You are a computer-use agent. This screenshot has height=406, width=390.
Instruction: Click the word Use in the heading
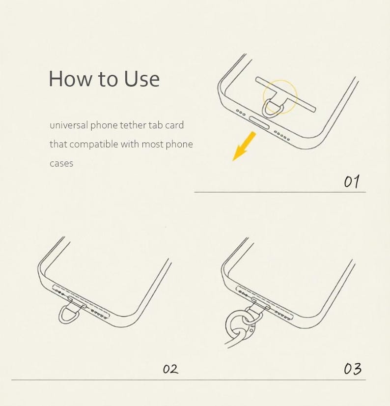141,79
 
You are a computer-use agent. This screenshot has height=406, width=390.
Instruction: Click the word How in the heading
70,79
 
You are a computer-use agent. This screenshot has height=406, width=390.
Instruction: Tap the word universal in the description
69,125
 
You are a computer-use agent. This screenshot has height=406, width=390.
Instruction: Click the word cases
61,163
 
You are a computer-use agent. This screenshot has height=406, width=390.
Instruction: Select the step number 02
170,369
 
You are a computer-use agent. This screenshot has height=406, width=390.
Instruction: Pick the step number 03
353,369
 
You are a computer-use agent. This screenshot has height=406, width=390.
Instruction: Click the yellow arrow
244,146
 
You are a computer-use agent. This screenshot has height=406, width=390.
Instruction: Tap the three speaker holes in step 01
240,113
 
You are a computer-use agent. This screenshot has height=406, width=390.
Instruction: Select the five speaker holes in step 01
282,136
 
